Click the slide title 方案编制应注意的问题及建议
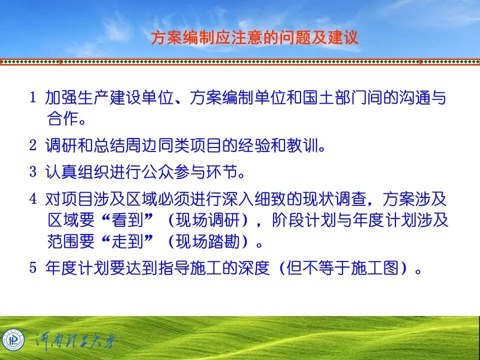tap(254, 38)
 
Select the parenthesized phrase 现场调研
tap(208, 220)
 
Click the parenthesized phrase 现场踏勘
tap(208, 242)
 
